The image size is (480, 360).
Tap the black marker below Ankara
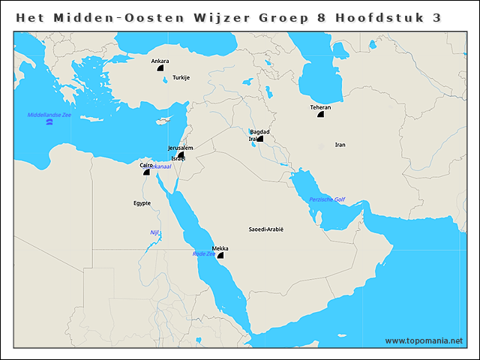click(x=160, y=67)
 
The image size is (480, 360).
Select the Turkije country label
click(x=181, y=77)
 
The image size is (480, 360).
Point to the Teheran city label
click(x=320, y=107)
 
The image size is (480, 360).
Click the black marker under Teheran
click(x=321, y=115)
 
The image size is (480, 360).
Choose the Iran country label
click(x=340, y=144)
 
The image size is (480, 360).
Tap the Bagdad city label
click(x=259, y=131)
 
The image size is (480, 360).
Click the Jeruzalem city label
click(x=181, y=148)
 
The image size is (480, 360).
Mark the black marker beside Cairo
click(x=147, y=172)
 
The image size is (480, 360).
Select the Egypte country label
click(x=142, y=202)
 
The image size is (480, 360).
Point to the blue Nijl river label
click(x=155, y=232)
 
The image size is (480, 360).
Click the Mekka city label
click(x=220, y=248)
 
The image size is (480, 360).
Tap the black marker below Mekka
click(x=220, y=256)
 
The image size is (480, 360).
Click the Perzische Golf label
click(x=327, y=199)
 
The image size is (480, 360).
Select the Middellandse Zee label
click(x=49, y=115)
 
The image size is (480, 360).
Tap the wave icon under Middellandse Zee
click(x=49, y=121)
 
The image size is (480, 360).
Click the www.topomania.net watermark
click(x=424, y=340)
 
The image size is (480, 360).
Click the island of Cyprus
click(x=166, y=121)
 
